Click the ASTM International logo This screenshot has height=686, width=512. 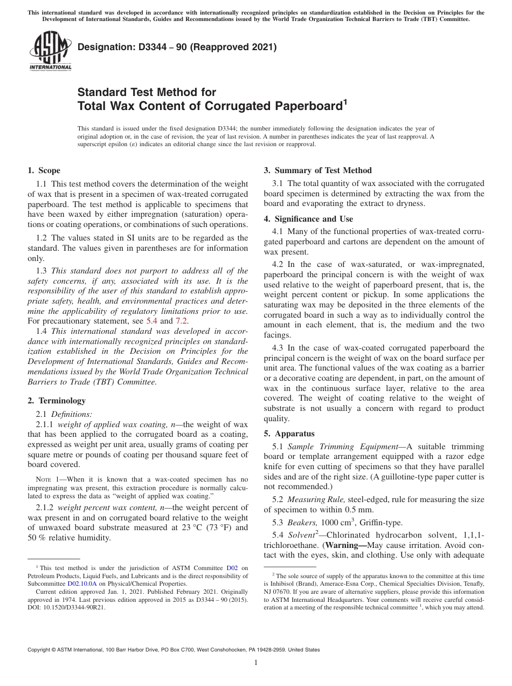tap(50, 51)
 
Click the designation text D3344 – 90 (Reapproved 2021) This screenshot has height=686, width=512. tap(177, 47)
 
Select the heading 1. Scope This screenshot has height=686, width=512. tap(44, 171)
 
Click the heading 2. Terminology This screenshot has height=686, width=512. tap(57, 401)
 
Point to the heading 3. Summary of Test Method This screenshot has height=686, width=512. tap(317, 170)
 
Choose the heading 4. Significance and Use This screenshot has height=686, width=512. tap(308, 219)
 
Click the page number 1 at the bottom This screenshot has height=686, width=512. tap(255, 663)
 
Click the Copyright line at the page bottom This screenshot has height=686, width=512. tap(174, 650)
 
